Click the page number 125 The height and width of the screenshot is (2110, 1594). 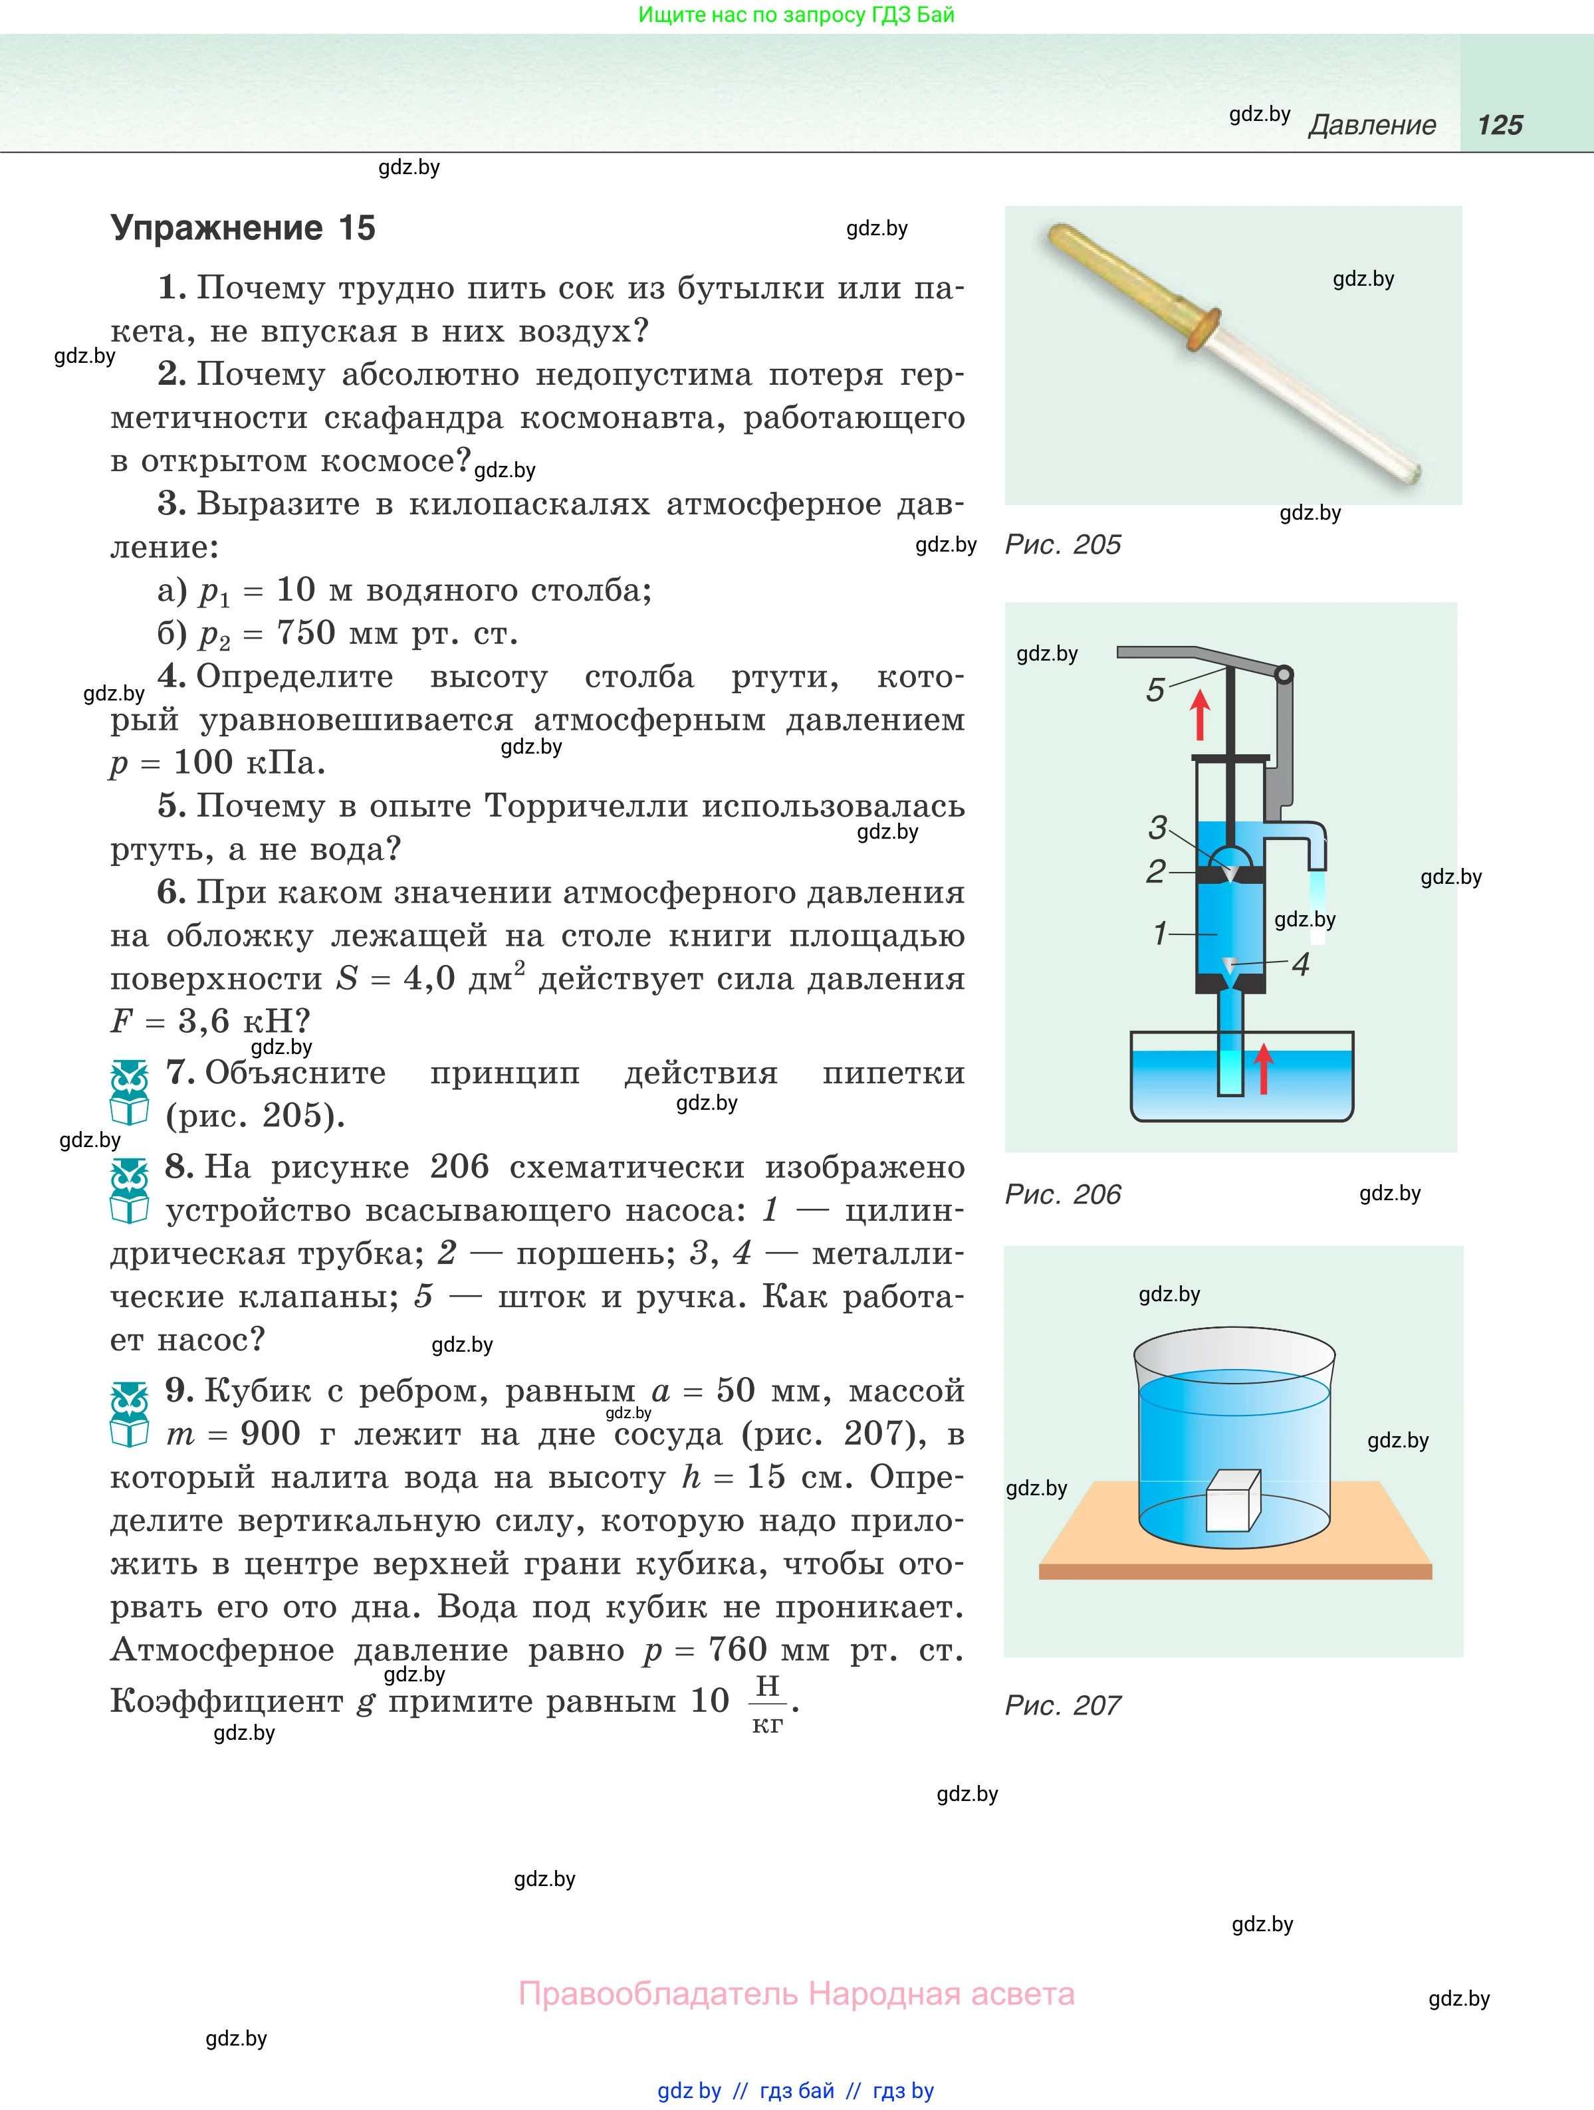[x=1500, y=125]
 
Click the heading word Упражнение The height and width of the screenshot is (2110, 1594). [x=217, y=229]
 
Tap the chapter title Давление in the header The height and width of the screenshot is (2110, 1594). [x=1372, y=125]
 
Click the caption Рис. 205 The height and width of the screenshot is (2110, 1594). [x=1063, y=545]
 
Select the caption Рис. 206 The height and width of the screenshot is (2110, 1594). [x=1063, y=1194]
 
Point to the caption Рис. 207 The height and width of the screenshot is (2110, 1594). [x=1063, y=1705]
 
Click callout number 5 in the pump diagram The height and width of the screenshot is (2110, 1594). [x=1155, y=690]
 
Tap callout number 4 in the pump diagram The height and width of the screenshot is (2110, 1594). [x=1300, y=964]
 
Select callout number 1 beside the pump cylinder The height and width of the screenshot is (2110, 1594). [x=1160, y=933]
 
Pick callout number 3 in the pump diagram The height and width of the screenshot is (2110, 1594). [x=1158, y=827]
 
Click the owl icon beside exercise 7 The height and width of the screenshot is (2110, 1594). [x=130, y=1093]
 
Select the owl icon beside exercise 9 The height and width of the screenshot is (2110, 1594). [x=130, y=1414]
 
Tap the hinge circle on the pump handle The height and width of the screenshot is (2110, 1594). [x=1284, y=675]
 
